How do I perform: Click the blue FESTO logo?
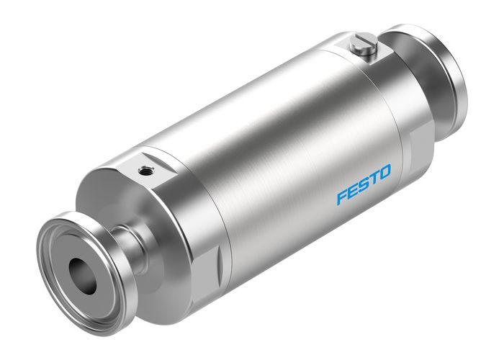pyautogui.click(x=363, y=184)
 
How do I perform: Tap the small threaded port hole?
pyautogui.click(x=146, y=171)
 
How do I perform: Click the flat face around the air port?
pyautogui.click(x=155, y=166)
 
